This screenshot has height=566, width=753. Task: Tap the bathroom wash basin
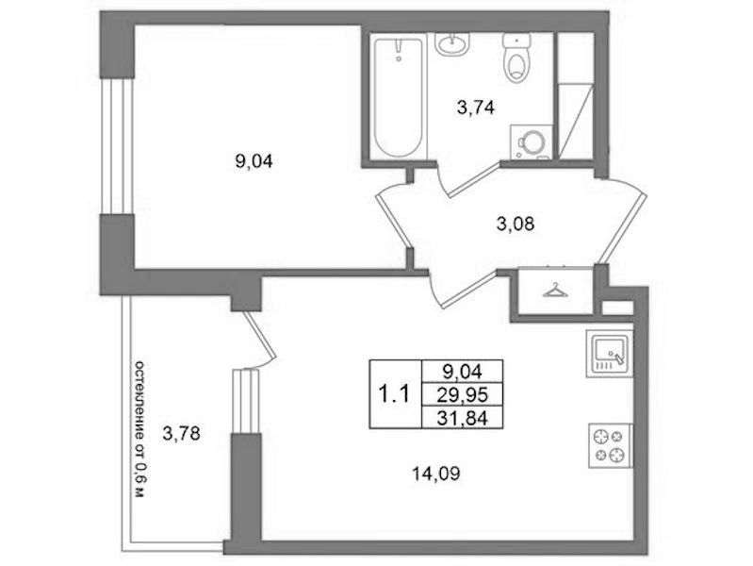click(451, 43)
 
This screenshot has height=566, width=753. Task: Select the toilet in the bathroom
click(516, 58)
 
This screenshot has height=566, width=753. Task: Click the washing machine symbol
click(532, 141)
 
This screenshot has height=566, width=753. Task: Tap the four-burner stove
click(611, 446)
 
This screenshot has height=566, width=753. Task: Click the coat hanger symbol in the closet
click(555, 291)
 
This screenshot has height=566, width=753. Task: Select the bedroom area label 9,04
click(254, 162)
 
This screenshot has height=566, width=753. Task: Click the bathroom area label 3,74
click(475, 108)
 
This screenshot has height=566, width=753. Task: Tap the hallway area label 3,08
click(516, 225)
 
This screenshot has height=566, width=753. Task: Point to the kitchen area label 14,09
click(436, 474)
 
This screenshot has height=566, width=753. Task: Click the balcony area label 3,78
click(181, 434)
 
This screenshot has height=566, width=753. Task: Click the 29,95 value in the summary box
click(463, 395)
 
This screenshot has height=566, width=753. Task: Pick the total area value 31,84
click(463, 418)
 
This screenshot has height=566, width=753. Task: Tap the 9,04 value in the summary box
click(463, 372)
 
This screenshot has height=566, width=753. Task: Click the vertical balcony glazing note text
click(139, 428)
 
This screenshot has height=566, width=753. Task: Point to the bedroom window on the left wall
click(116, 146)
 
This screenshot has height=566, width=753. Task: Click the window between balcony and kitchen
click(246, 401)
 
